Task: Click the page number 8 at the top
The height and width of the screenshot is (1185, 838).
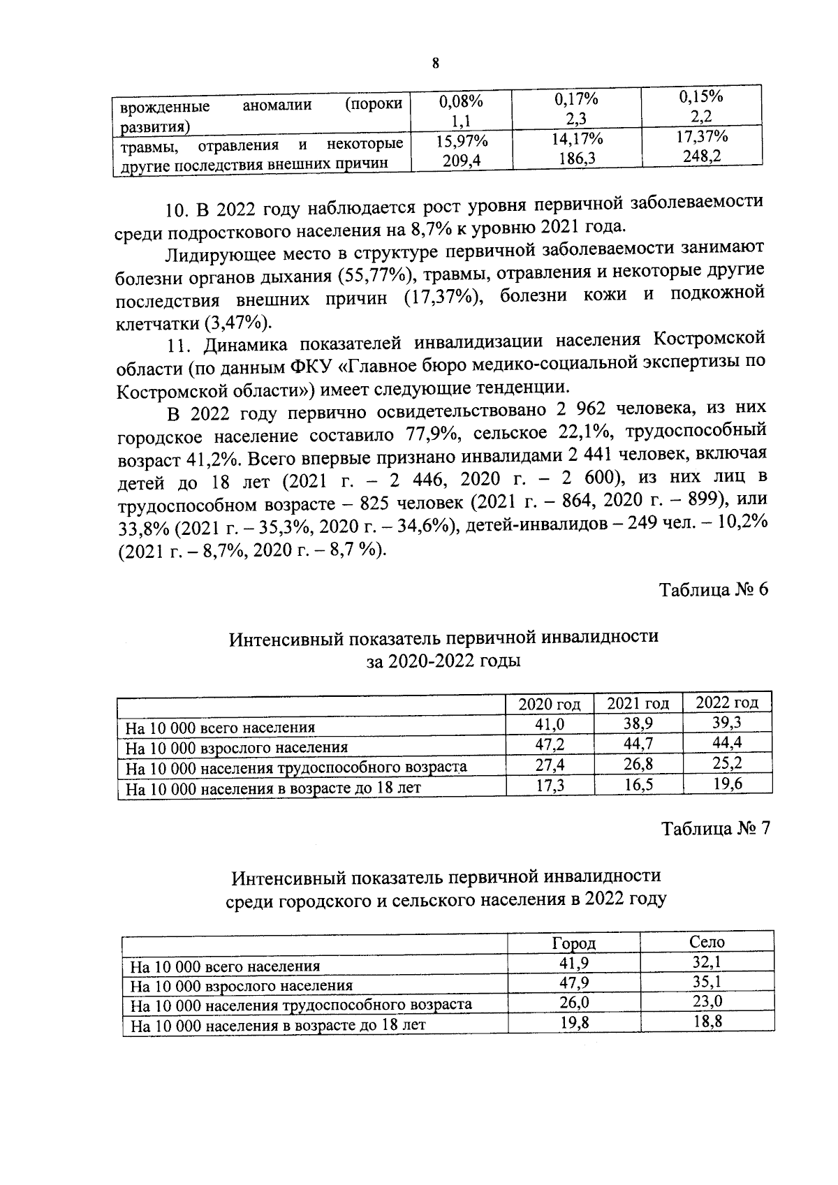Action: tap(436, 64)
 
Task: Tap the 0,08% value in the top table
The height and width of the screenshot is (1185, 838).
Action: tap(461, 101)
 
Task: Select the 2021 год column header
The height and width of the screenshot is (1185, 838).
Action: tap(638, 704)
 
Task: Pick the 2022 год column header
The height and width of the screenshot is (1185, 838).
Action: tap(726, 703)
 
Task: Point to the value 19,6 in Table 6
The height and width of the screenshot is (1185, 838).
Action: tap(727, 784)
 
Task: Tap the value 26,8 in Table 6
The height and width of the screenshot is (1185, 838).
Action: tap(638, 765)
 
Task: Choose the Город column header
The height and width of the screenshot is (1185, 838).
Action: tap(573, 943)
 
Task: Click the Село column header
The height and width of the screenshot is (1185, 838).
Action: tap(706, 942)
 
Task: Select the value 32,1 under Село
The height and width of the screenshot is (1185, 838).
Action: tap(706, 962)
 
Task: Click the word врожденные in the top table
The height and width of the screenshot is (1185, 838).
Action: tap(165, 107)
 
